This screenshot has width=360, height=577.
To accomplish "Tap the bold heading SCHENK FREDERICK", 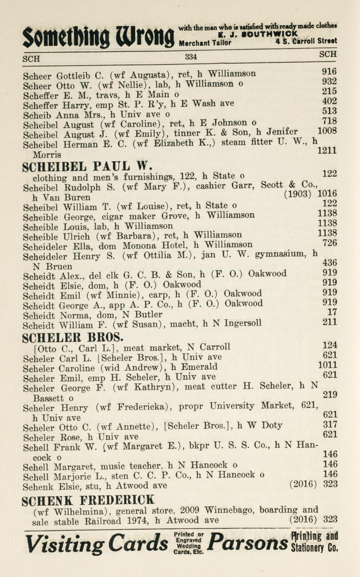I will click(88, 499).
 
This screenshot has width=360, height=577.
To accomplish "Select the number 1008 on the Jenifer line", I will click(327, 131).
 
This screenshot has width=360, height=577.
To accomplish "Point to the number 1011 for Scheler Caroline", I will click(328, 365).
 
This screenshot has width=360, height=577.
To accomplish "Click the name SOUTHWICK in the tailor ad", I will click(272, 34).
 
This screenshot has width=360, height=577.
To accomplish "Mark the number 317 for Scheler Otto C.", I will click(330, 424).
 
